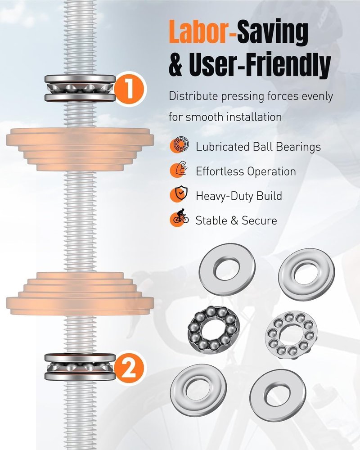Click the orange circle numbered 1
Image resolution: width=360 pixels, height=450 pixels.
tap(130, 89)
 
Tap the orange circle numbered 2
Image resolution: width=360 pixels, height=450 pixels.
tap(129, 369)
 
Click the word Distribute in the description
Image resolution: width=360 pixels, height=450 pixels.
tap(193, 96)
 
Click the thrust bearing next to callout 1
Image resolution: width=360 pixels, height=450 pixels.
tap(80, 88)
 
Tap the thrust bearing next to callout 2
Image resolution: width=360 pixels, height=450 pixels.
tap(80, 367)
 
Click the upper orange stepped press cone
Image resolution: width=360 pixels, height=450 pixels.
tap(80, 149)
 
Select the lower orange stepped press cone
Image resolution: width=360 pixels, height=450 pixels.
tap(80, 293)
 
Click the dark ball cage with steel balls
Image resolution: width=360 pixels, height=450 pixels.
tap(213, 330)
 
